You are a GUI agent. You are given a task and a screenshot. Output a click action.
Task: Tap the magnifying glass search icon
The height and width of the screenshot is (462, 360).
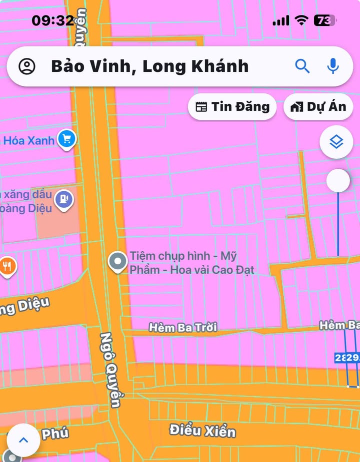[302, 65]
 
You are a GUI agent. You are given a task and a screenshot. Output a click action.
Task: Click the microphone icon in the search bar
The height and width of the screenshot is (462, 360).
[333, 65]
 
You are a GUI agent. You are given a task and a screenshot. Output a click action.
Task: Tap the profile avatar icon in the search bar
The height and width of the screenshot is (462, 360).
[27, 66]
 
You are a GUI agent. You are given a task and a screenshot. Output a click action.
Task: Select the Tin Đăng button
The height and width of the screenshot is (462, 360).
[232, 106]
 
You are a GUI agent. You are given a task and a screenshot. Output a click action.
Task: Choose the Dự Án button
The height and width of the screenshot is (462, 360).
[318, 106]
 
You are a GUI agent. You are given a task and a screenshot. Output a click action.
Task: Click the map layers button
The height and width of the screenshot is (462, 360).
[336, 142]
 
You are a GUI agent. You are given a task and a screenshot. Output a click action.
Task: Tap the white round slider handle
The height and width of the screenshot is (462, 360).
[338, 180]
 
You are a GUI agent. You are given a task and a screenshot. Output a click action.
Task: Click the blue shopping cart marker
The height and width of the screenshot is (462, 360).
[66, 139]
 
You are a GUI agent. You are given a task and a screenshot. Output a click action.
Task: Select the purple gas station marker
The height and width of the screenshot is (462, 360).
[64, 200]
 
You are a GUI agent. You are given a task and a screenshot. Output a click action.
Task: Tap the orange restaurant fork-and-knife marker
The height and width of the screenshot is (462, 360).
[7, 267]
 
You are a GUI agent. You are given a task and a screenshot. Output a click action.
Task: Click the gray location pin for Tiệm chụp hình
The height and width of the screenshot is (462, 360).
[118, 261]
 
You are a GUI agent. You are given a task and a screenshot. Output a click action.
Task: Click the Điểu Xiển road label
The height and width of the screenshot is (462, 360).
[202, 430]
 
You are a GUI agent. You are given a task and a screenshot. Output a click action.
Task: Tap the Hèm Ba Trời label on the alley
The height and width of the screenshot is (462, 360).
[183, 328]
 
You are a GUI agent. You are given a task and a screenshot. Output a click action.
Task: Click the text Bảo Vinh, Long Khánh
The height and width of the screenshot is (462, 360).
[149, 66]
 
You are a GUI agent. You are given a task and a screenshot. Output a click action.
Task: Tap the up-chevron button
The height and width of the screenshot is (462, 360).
[23, 440]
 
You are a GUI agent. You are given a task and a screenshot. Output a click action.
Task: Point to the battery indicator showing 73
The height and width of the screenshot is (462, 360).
[324, 20]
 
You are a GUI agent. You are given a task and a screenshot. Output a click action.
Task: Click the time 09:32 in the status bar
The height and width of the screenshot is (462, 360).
[52, 20]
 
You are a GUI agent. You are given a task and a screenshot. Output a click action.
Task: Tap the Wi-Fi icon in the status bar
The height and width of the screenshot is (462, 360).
[301, 20]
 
